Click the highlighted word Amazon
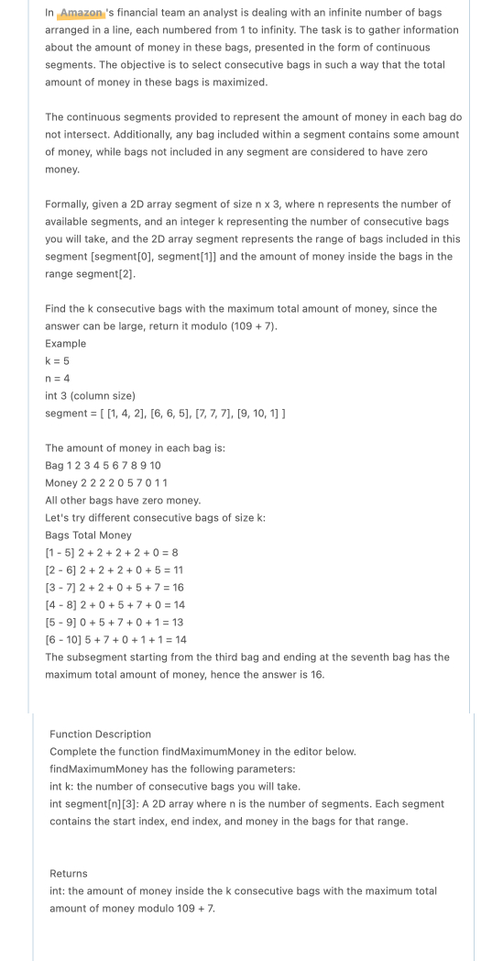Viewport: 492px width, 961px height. pos(82,13)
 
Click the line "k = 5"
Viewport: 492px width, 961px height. pos(57,360)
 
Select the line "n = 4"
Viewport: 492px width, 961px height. pos(57,378)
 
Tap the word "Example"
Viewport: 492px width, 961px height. pos(65,343)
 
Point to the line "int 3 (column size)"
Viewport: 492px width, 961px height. pos(90,395)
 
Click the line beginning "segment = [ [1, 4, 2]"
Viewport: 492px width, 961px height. pos(165,413)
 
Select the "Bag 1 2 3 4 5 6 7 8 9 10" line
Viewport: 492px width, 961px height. pos(103,465)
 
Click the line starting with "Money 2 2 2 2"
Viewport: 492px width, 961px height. pos(106,482)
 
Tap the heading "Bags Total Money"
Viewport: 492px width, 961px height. pos(88,535)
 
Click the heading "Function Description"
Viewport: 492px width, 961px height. pos(100,734)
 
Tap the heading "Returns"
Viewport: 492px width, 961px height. pos(68,873)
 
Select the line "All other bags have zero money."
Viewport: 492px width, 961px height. pos(122,500)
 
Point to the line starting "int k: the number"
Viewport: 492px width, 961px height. pos(174,786)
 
